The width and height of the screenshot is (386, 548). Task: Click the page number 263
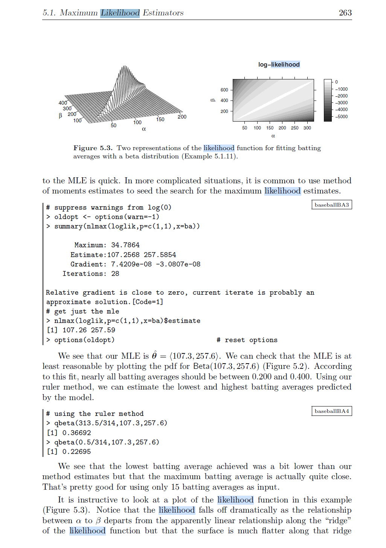[x=345, y=13]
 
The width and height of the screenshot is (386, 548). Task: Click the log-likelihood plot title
[x=279, y=64]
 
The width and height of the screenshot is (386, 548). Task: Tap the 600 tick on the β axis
[x=224, y=90]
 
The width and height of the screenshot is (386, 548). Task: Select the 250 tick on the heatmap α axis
[x=294, y=128]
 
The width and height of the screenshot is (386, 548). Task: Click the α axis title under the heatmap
[x=273, y=136]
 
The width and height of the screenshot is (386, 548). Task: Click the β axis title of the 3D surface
[x=60, y=116]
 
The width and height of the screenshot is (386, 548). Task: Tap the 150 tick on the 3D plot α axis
[x=160, y=119]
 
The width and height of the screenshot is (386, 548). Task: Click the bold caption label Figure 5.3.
[x=93, y=148]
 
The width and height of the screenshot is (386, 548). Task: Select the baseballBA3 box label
[x=331, y=205]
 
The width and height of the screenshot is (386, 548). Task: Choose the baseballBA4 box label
[x=331, y=411]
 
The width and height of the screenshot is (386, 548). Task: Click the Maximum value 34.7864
[x=125, y=245]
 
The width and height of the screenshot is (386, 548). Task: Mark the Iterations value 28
[x=115, y=274]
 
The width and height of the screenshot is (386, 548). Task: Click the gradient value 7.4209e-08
[x=131, y=264]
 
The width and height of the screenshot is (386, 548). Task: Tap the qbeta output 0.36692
[x=76, y=433]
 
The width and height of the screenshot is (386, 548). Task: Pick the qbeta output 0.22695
[x=76, y=452]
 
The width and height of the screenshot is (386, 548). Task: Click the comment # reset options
[x=247, y=340]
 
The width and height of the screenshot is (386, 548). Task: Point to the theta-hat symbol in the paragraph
[x=154, y=356]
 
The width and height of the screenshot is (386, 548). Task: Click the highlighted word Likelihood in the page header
[x=120, y=13]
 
